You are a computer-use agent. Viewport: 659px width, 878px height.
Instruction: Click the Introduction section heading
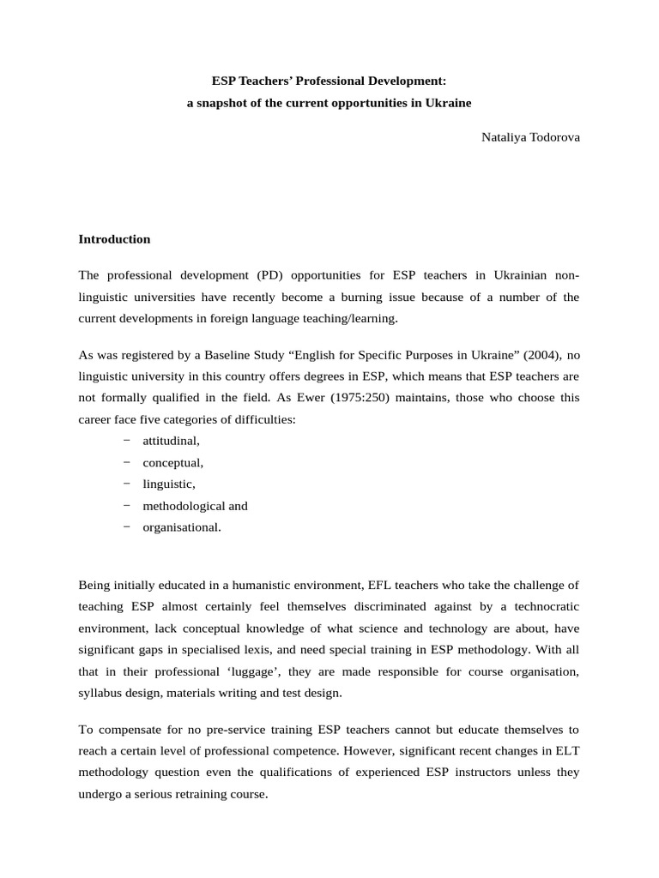tap(114, 239)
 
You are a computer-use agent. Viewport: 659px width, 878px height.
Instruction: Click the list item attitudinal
tap(171, 441)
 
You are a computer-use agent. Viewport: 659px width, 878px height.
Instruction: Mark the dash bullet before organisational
tap(127, 526)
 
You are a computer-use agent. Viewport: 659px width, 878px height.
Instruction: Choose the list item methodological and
tap(195, 506)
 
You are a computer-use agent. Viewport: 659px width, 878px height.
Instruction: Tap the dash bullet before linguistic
tap(127, 484)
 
